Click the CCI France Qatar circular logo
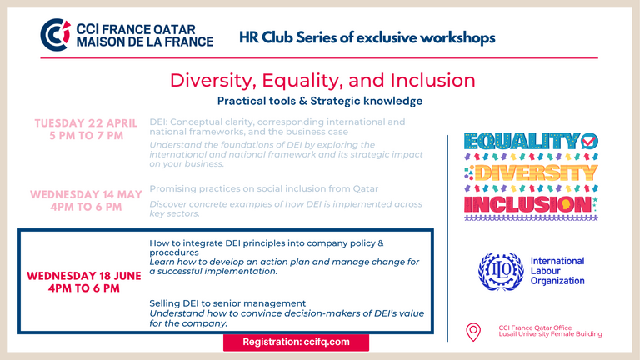(x=56, y=35)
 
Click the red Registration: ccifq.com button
(x=296, y=342)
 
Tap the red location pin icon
(x=473, y=332)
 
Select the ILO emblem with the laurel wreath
(x=501, y=271)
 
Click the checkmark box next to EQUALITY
(x=589, y=141)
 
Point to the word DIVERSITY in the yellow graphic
(x=536, y=173)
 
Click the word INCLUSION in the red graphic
(x=527, y=204)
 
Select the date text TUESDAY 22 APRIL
(x=86, y=123)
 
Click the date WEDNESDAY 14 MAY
(x=86, y=194)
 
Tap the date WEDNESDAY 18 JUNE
(x=84, y=276)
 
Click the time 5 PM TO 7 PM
(x=86, y=136)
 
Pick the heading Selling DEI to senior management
(x=227, y=303)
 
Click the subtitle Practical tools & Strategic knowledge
(x=320, y=101)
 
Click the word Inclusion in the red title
(x=432, y=80)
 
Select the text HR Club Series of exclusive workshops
(x=367, y=37)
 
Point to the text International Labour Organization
(x=557, y=271)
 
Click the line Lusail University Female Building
(x=550, y=334)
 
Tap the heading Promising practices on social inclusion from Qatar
(x=263, y=188)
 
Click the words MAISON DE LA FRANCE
(x=144, y=42)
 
